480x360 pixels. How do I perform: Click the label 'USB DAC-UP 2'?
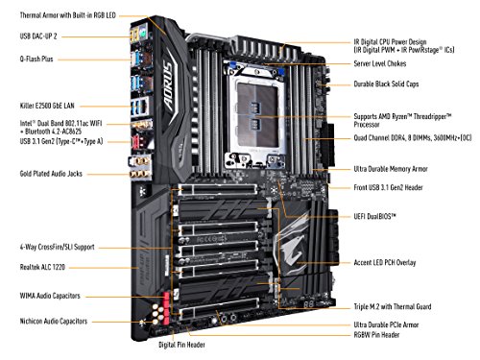[34, 36]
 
